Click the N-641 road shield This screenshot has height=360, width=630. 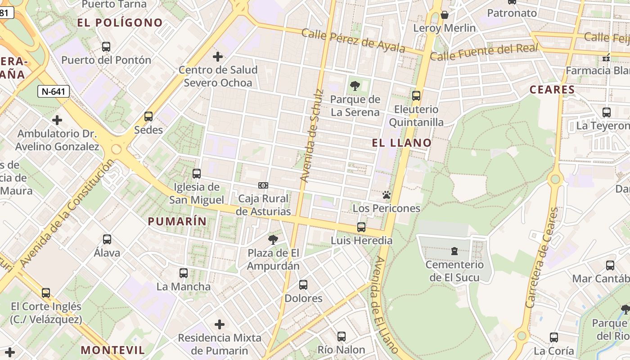tap(54, 92)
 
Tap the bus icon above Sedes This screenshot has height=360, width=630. tap(148, 117)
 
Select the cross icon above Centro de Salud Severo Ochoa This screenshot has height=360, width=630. tap(218, 57)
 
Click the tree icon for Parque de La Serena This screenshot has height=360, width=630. tap(355, 85)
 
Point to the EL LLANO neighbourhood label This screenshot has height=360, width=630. tap(402, 143)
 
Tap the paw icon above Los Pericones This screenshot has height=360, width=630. tap(386, 195)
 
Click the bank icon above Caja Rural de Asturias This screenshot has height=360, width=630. tap(263, 185)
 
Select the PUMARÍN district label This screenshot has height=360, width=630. tap(177, 221)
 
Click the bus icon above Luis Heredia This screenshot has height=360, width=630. tap(361, 227)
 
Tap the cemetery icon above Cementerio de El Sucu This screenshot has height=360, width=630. tap(454, 251)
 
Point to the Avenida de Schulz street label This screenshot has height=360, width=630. tap(312, 136)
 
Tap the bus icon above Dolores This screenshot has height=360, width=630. tap(303, 284)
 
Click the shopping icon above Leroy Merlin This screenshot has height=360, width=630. tap(445, 15)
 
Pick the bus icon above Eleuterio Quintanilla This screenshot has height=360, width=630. tap(416, 95)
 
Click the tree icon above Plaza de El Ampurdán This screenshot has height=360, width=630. tap(273, 239)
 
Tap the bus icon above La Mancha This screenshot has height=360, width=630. tap(184, 273)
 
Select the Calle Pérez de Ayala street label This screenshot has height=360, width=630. tap(353, 40)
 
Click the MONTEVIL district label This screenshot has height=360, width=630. tap(113, 350)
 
